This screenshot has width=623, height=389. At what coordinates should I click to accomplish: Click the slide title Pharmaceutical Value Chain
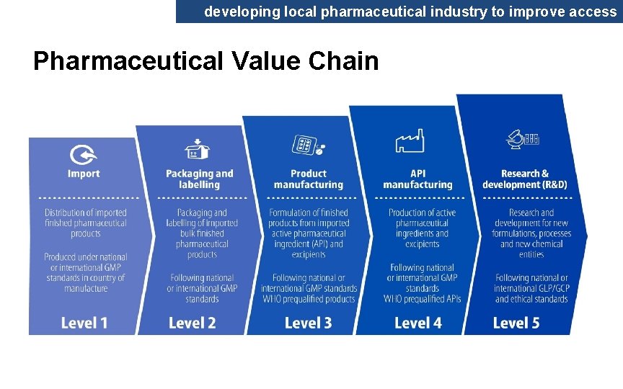206,61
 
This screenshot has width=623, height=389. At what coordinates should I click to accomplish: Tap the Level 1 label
84,323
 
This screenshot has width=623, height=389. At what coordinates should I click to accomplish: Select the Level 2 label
192,323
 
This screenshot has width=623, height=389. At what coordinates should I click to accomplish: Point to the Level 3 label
308,323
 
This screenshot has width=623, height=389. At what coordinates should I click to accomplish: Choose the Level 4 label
417,323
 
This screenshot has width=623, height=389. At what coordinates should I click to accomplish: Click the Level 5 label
516,323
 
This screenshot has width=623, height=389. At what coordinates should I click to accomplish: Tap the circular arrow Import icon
84,154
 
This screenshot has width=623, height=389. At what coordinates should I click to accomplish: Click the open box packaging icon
198,149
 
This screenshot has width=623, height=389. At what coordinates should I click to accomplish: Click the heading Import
84,174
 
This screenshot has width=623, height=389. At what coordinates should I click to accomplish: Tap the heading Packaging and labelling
200,179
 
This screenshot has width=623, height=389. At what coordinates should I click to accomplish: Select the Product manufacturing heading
309,179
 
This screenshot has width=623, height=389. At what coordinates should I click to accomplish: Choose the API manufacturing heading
417,179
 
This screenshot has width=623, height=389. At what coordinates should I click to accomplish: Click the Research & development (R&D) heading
525,179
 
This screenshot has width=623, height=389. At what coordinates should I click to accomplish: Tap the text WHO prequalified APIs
423,299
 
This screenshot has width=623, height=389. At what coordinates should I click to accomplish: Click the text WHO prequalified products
309,299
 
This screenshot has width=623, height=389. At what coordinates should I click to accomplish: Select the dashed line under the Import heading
88,197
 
